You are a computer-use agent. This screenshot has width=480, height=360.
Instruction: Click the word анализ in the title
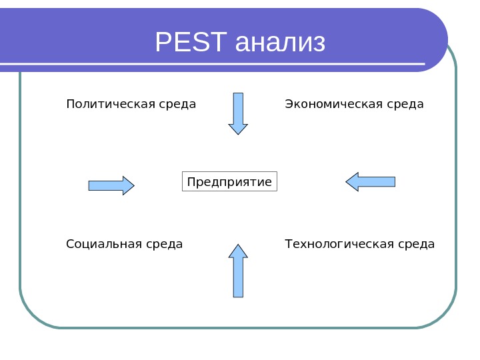click(280, 44)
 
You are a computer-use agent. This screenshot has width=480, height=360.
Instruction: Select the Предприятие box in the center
click(229, 182)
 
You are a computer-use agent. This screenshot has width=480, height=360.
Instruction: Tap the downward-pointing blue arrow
click(238, 113)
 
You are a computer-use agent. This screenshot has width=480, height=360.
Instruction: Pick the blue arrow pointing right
click(111, 185)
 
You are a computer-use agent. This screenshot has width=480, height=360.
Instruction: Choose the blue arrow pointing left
click(371, 181)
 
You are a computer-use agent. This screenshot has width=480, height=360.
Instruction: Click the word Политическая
click(108, 105)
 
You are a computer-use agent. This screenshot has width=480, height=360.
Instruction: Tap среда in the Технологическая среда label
click(417, 244)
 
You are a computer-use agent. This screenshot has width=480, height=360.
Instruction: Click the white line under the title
click(213, 65)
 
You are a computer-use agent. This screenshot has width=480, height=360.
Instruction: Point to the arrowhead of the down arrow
click(238, 129)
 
